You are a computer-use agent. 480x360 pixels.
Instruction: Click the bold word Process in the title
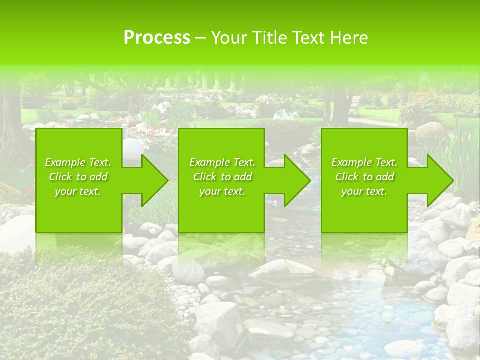(157, 38)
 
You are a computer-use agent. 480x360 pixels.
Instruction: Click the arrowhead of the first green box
(154, 180)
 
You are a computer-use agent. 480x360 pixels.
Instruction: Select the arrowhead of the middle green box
(297, 180)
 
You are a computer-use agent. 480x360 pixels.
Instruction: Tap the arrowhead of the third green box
(440, 180)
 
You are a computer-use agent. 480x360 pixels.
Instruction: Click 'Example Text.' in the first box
(78, 162)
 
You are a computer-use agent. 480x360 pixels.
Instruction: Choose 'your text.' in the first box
(78, 191)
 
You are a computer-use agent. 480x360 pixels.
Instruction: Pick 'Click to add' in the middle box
(222, 177)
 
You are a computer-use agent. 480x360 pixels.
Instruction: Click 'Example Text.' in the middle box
(222, 162)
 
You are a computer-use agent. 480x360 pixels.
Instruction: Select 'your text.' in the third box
(364, 191)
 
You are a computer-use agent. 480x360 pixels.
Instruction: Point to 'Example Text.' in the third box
(364, 162)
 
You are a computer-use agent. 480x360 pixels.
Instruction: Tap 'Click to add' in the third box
(364, 177)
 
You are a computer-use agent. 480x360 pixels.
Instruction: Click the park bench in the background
(355, 104)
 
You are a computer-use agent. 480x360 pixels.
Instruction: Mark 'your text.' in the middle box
(222, 191)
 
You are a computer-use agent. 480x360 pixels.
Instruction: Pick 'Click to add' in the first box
(78, 177)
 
